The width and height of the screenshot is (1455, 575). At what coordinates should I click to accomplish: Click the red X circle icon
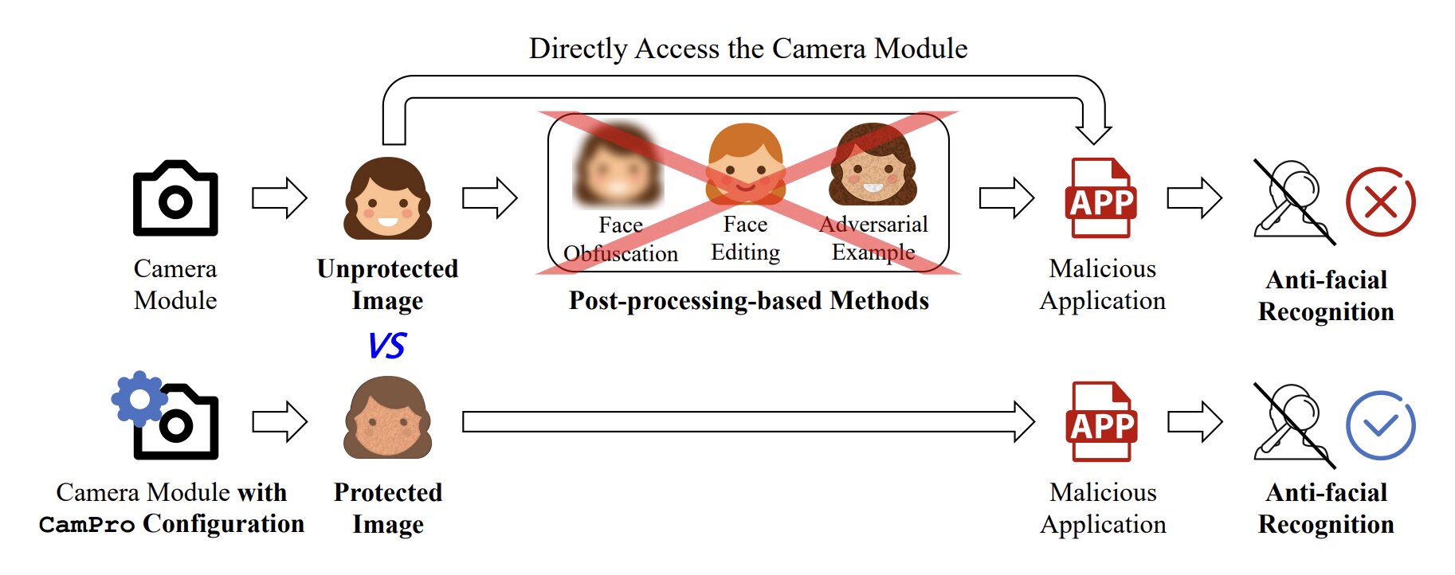[x=1380, y=201]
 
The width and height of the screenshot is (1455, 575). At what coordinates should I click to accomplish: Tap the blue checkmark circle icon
[x=1380, y=425]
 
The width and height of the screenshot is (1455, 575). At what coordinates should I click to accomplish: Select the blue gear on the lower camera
[x=139, y=397]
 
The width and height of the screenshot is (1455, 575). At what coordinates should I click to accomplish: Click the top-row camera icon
[x=175, y=198]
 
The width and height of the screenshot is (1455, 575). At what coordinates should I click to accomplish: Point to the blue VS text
[x=387, y=346]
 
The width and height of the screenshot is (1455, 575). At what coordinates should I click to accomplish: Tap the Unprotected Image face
[x=388, y=198]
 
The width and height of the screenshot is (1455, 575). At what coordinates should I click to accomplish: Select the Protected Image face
[x=388, y=417]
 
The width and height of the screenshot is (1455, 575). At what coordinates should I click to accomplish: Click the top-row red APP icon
[x=1101, y=198]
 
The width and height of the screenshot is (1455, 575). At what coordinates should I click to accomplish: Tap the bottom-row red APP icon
[x=1101, y=422]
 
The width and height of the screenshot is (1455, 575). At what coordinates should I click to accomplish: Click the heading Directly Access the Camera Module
[x=748, y=49]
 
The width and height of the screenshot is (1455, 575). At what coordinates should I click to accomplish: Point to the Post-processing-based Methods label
[x=748, y=301]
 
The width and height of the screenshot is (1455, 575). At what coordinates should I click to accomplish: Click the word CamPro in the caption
[x=87, y=526]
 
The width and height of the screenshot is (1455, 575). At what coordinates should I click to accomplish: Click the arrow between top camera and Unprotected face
[x=280, y=198]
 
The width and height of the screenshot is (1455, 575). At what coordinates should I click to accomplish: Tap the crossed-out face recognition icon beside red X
[x=1292, y=201]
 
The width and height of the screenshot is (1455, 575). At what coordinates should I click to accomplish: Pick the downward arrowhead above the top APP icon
[x=1093, y=132]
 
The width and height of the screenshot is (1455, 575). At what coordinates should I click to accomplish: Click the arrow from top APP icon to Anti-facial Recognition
[x=1194, y=198]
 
